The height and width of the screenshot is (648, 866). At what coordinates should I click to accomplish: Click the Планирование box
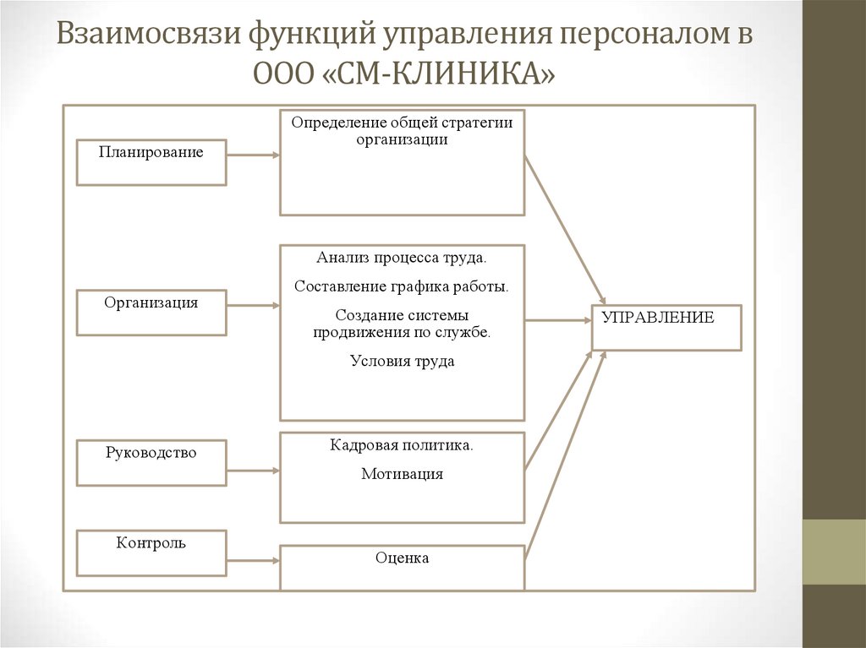click(x=151, y=161)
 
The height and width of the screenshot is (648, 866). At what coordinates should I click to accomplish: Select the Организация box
click(x=151, y=312)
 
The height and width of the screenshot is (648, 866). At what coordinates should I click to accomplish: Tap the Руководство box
click(x=151, y=462)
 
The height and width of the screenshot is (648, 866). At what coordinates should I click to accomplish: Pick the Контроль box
click(x=151, y=553)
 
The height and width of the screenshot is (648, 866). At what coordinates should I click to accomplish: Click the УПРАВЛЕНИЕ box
click(x=666, y=327)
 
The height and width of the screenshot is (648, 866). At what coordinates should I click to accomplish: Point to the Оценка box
click(x=402, y=568)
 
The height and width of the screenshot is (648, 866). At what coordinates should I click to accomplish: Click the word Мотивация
click(x=402, y=475)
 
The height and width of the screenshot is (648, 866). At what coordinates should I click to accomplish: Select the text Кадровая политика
click(x=402, y=445)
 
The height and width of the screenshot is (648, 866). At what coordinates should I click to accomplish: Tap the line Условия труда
click(x=402, y=362)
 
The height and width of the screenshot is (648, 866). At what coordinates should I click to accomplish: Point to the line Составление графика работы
click(x=402, y=286)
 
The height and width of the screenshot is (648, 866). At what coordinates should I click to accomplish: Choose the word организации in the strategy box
click(x=402, y=140)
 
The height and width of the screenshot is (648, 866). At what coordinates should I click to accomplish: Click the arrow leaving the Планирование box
click(x=253, y=155)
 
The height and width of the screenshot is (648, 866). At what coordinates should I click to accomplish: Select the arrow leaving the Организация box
click(x=253, y=305)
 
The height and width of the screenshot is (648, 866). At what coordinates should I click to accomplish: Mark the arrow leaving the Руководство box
click(x=253, y=470)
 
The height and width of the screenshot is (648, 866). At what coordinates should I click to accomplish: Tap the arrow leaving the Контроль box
click(x=253, y=559)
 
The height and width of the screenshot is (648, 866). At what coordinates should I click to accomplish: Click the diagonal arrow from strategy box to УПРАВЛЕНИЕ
click(x=565, y=229)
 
